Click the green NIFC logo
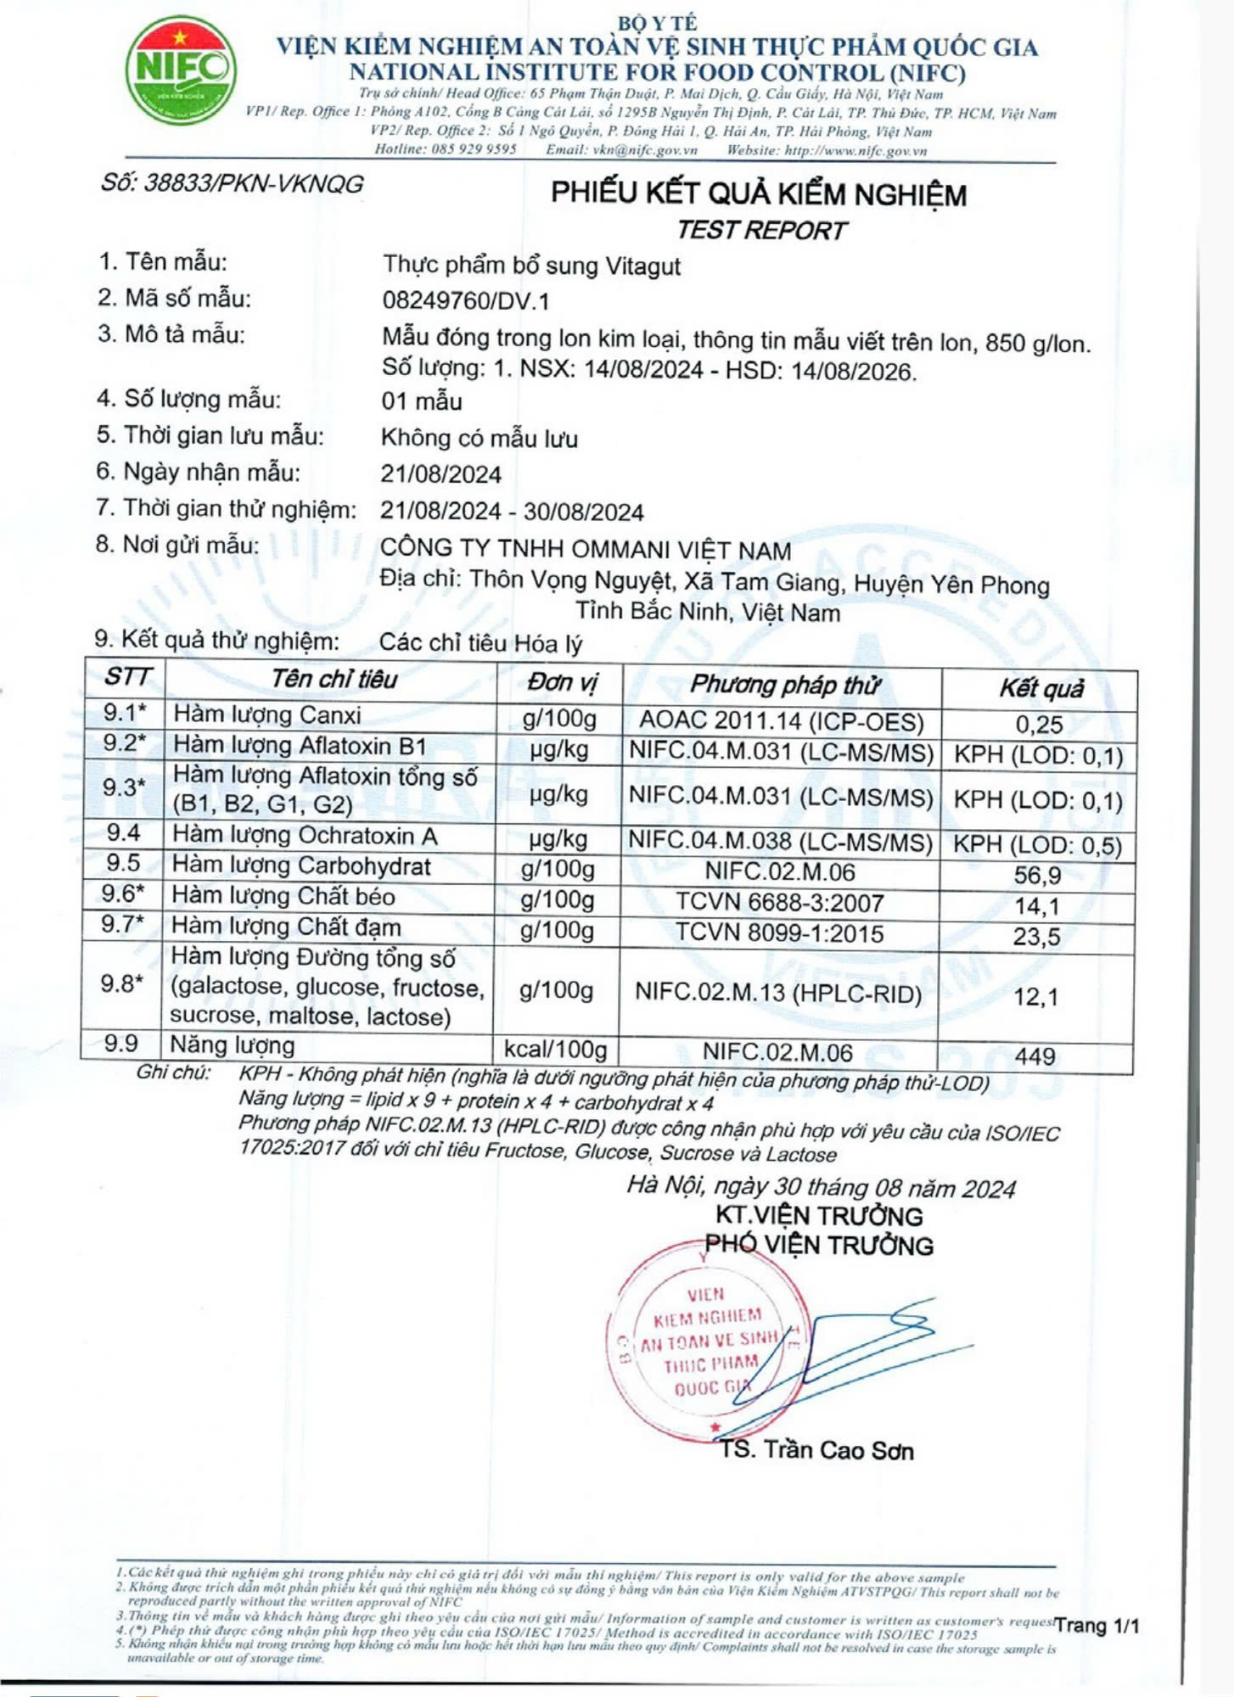pos(180,70)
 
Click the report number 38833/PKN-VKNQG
pos(232,183)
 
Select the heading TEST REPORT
pos(761,230)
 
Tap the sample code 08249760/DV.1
pos(466,300)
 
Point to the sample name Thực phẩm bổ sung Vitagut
pos(531,266)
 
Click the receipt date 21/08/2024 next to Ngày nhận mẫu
pos(440,473)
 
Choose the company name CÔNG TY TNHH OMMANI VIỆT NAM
pos(586,549)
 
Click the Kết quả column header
pos(1040,687)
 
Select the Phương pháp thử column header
pos(783,684)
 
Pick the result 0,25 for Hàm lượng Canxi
pos(1039,724)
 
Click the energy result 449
pos(1035,1056)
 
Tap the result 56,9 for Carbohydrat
pos(1037,875)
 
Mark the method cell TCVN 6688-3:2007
pos(779,902)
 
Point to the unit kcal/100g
pos(555,1049)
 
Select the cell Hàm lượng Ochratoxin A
pos(305,836)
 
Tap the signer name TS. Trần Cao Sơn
pos(816,1449)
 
